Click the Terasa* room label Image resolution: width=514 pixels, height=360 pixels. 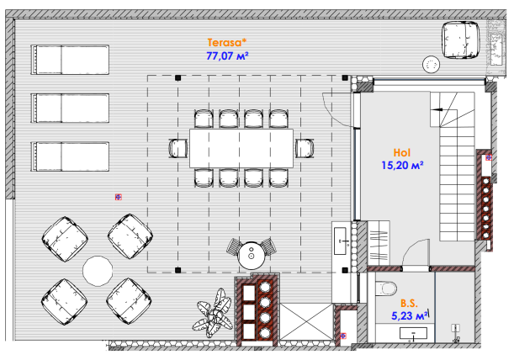point(226,43)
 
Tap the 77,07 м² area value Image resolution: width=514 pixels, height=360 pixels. point(227,56)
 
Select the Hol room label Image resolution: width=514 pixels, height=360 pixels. point(402,153)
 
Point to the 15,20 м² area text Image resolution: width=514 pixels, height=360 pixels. point(402,166)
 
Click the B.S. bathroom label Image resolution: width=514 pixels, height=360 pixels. point(409,303)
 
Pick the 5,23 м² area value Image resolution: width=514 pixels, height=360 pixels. point(410,316)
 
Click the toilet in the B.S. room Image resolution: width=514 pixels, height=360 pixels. point(386,289)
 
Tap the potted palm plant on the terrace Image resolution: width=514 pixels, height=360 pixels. point(213,313)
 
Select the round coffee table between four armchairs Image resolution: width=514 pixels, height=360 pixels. point(98,271)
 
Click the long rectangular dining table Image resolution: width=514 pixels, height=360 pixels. point(241,149)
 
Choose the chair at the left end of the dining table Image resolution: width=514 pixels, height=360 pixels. point(178,149)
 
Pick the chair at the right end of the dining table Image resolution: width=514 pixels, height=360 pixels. point(305,149)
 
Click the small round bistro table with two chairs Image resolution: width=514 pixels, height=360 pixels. point(252,256)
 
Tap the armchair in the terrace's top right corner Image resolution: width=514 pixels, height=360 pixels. point(460,40)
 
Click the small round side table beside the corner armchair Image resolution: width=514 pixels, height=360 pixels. point(431,64)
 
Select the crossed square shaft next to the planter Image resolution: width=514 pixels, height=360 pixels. point(306,321)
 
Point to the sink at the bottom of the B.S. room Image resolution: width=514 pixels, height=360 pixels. point(413,333)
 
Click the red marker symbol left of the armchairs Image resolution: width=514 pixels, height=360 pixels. point(119,197)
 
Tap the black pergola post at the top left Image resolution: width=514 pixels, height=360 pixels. point(178,77)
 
